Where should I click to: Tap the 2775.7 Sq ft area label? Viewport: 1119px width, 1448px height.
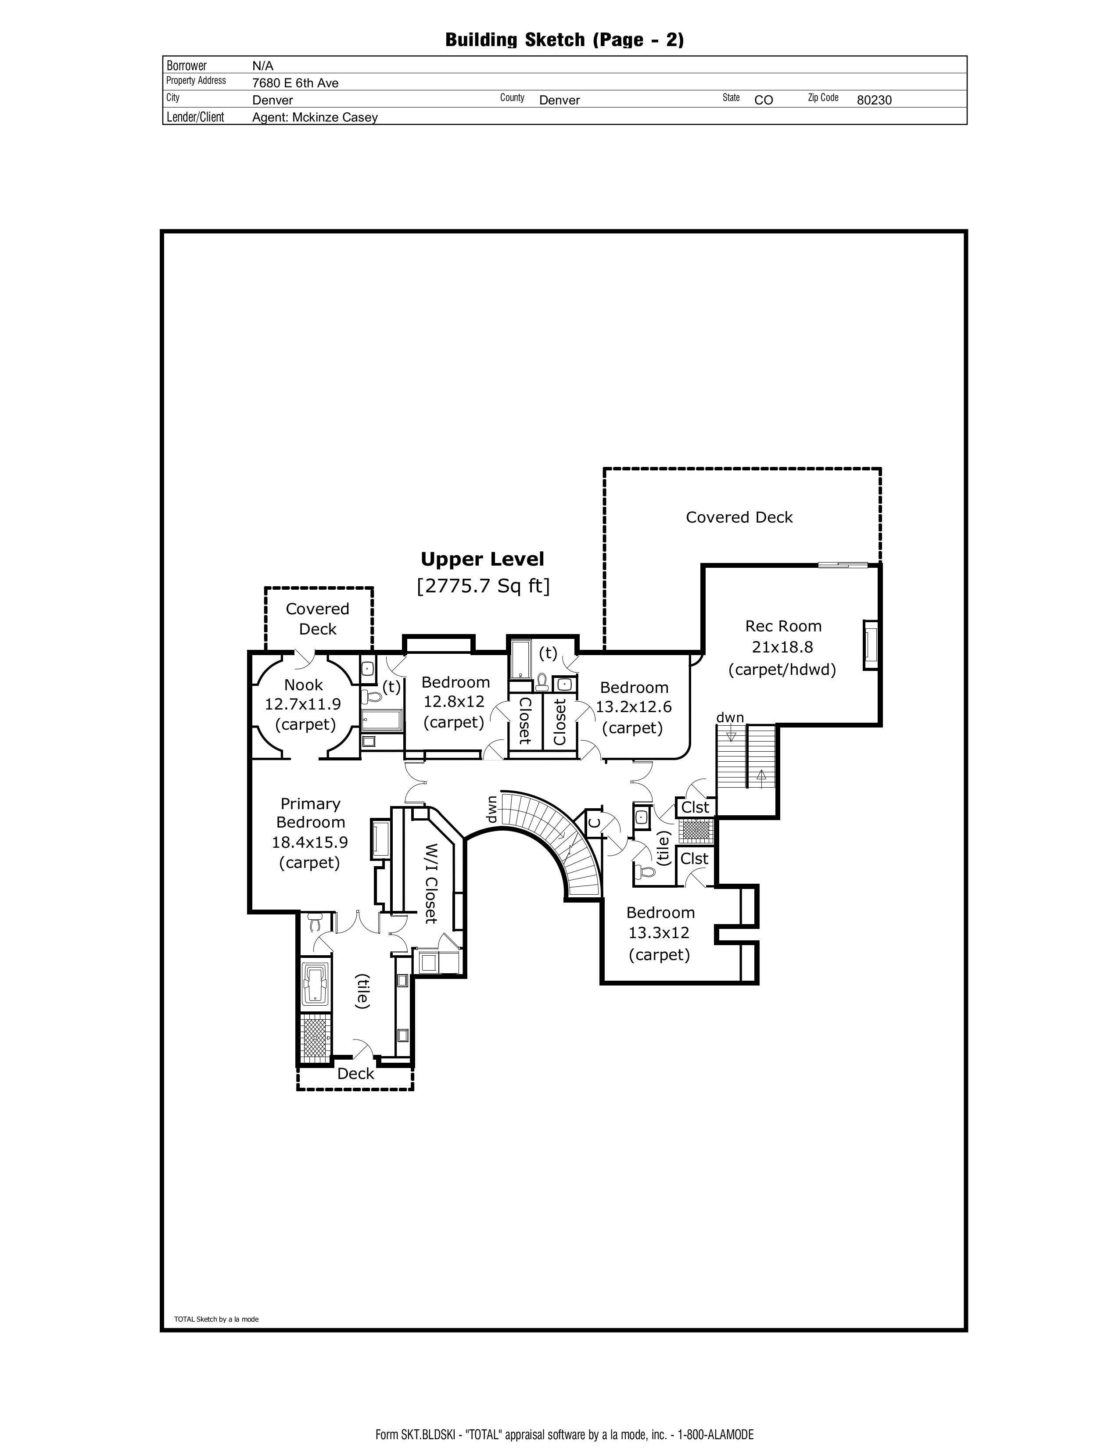pos(483,586)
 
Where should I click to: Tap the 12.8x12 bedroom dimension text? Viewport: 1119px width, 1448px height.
pos(454,702)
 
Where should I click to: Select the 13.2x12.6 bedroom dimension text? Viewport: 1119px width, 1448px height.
pos(633,707)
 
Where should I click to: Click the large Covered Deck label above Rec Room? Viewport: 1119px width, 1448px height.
pos(739,517)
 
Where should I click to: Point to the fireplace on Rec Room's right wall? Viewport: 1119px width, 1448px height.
pos(870,645)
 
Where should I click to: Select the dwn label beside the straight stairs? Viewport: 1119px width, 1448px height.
pos(730,717)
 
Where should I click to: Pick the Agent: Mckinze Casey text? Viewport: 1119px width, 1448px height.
pos(315,117)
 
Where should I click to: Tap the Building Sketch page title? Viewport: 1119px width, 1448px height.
pos(564,40)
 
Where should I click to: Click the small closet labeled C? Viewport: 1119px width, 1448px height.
pos(595,823)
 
